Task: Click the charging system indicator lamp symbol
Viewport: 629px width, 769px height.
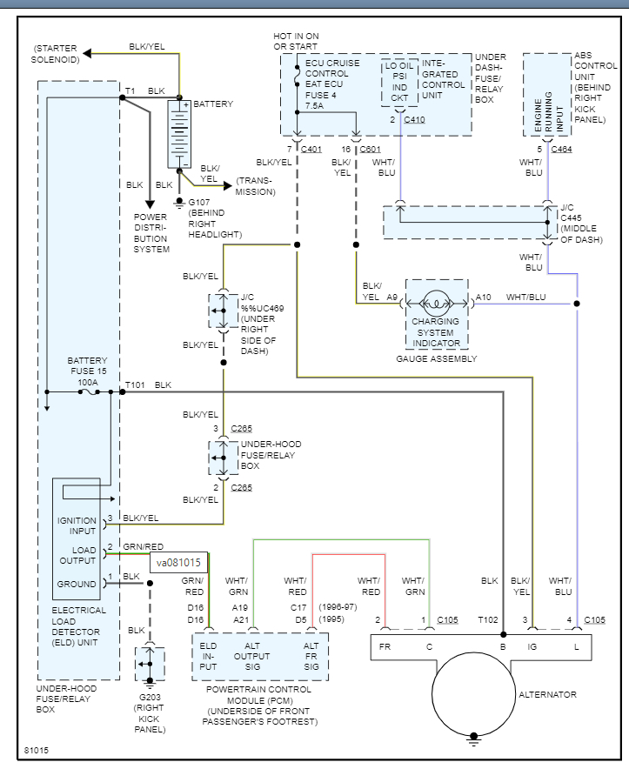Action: (437, 304)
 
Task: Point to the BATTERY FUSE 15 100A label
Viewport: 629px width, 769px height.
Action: (87, 371)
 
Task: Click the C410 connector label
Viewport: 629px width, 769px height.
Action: (414, 119)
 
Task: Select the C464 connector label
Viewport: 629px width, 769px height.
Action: (561, 150)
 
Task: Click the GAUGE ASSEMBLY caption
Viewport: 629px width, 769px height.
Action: (436, 358)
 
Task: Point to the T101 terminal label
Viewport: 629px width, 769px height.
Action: (135, 384)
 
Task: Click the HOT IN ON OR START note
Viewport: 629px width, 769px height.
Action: (296, 40)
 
